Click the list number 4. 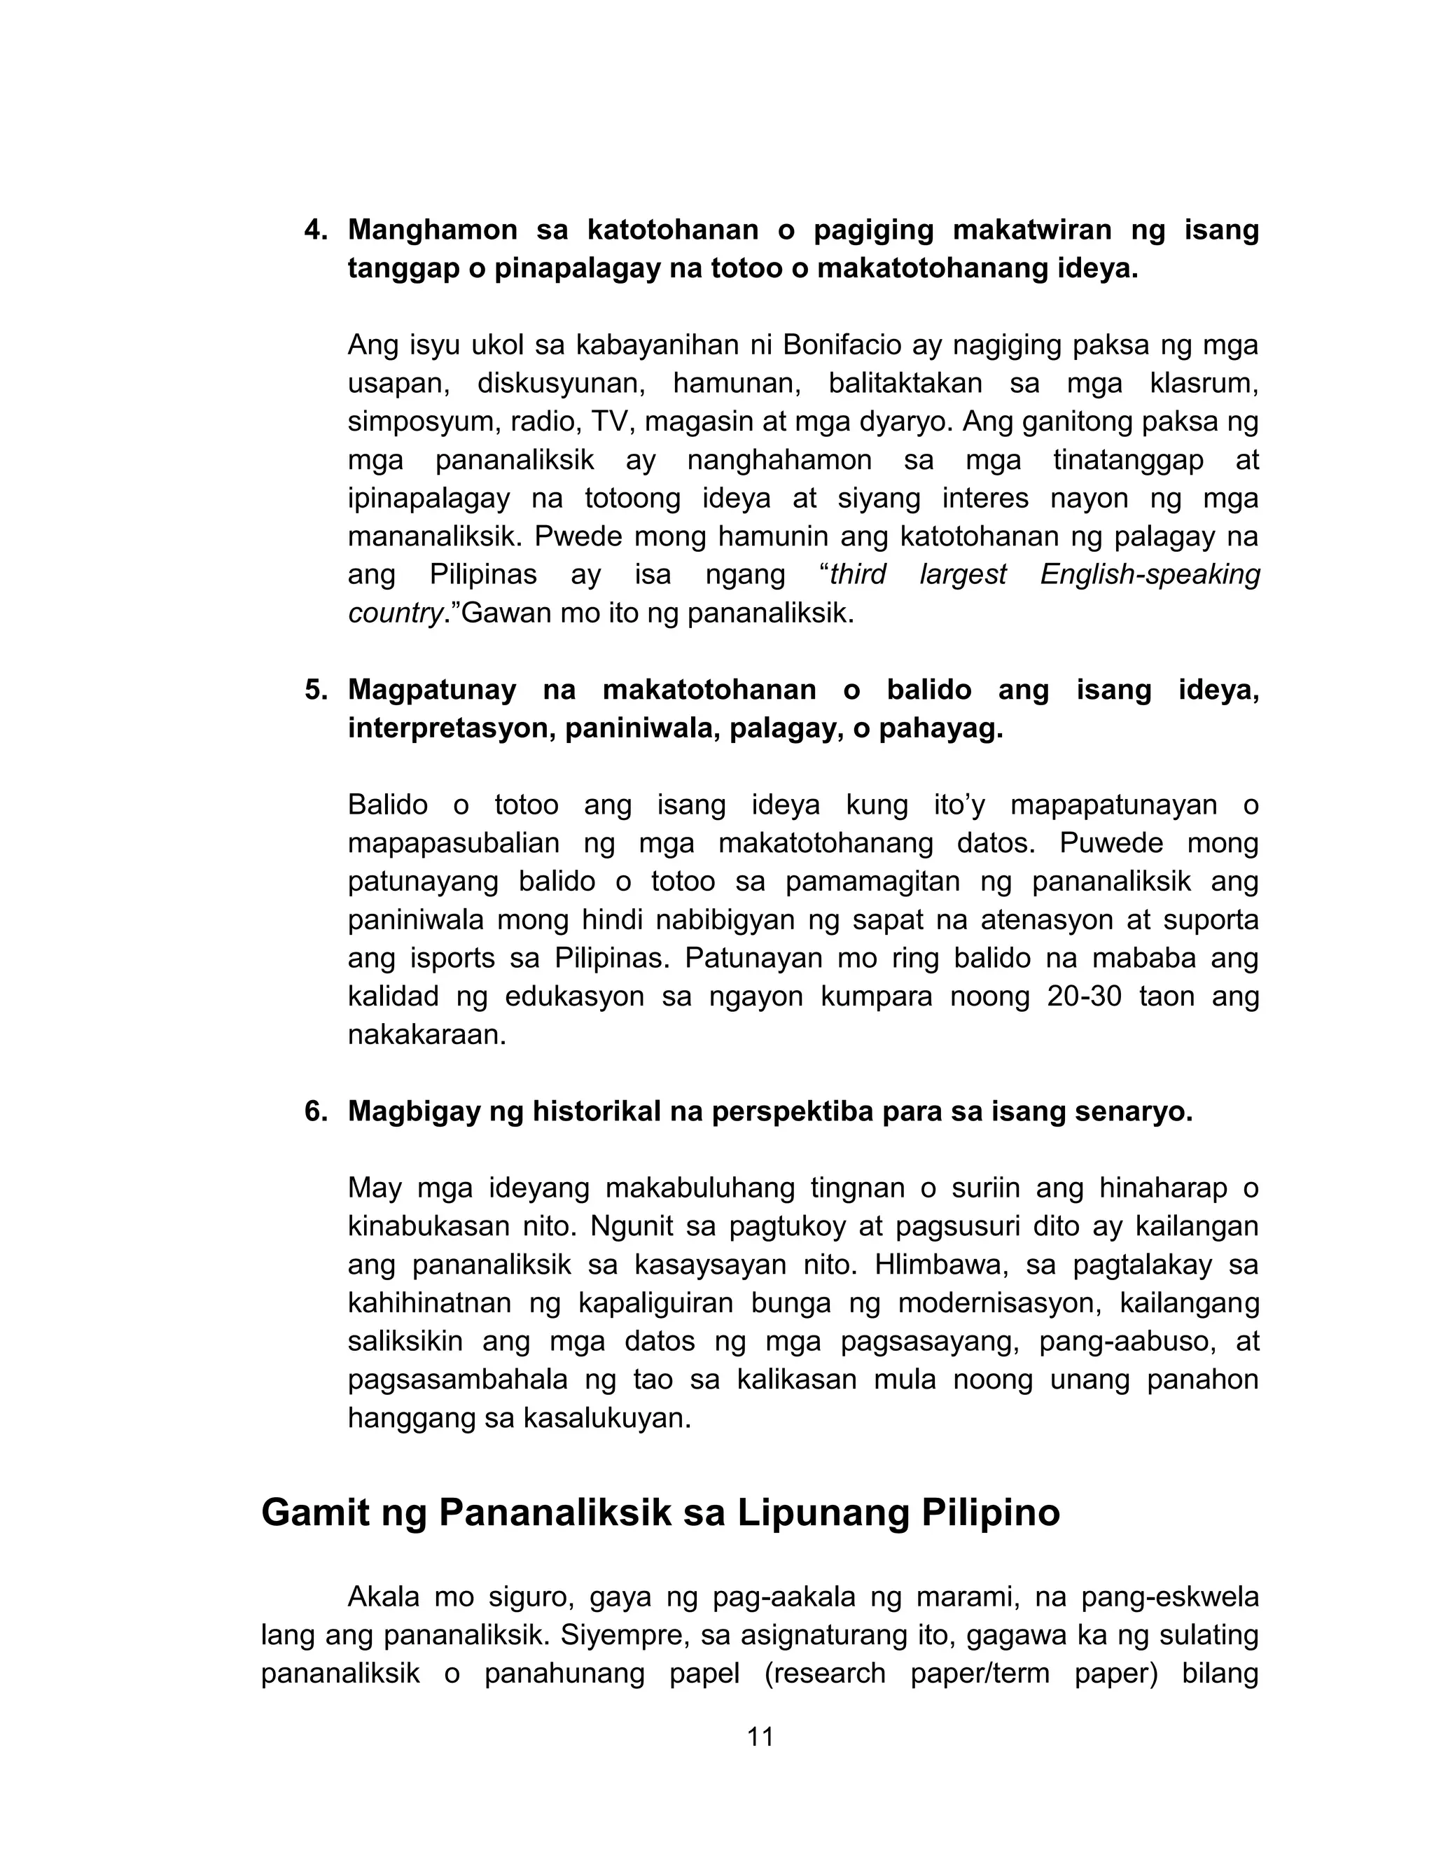[316, 230]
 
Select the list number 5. [316, 690]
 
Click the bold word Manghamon [433, 230]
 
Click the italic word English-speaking [1150, 574]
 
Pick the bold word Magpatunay [432, 690]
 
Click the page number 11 [760, 1737]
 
